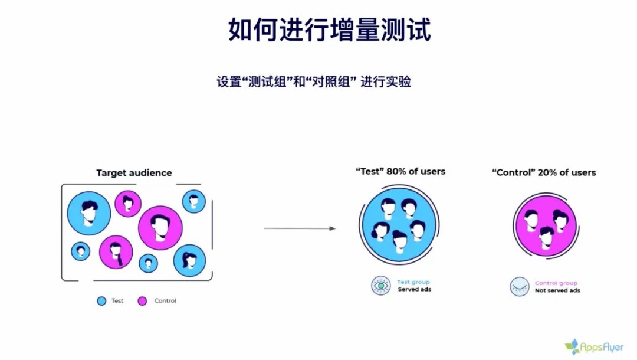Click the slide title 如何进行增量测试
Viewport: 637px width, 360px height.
[330, 30]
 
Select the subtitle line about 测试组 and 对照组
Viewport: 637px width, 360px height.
[314, 81]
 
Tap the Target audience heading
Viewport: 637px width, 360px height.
[134, 173]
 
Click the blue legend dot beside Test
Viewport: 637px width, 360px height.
[101, 300]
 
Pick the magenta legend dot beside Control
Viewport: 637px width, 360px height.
[142, 300]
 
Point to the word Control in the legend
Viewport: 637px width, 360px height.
[165, 300]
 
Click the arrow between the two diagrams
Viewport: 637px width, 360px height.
[300, 228]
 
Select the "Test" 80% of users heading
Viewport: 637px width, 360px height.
[400, 172]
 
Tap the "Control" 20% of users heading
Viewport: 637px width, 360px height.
[544, 172]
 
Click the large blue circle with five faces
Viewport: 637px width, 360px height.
[399, 224]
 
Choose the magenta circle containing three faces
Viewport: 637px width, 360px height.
[546, 225]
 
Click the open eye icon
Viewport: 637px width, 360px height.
[380, 286]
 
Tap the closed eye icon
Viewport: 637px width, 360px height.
[520, 286]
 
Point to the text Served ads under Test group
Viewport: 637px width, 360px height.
[415, 289]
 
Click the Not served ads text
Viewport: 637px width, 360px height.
[557, 290]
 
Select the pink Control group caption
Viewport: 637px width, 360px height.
[556, 283]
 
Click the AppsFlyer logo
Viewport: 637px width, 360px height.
[594, 347]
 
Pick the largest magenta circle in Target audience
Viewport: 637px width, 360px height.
[160, 228]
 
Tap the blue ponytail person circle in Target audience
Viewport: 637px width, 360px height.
[189, 260]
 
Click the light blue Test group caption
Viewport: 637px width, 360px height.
[413, 282]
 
